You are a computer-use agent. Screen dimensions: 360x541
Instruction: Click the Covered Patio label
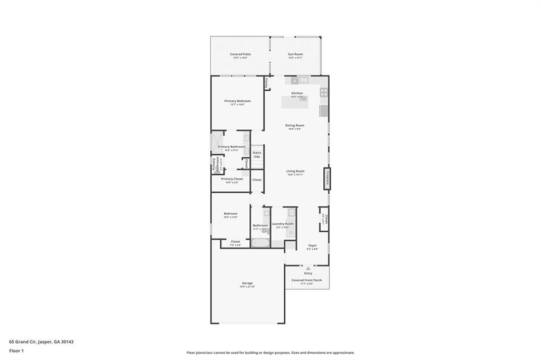click(x=240, y=54)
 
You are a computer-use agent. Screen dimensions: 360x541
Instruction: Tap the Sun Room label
click(x=295, y=54)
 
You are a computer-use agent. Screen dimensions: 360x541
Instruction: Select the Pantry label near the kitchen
click(x=267, y=83)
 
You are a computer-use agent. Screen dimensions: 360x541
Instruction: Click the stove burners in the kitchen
click(x=323, y=92)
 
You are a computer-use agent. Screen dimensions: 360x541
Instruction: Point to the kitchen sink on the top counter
click(x=304, y=80)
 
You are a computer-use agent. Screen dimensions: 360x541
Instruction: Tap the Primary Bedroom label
click(x=237, y=101)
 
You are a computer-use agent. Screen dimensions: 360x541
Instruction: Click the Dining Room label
click(x=295, y=126)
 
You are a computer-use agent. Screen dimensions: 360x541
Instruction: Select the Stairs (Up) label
click(x=257, y=155)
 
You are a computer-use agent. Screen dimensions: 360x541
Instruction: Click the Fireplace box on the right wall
click(x=328, y=178)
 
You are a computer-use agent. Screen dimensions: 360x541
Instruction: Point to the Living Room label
click(x=295, y=171)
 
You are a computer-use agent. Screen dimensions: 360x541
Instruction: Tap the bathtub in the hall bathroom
click(x=260, y=243)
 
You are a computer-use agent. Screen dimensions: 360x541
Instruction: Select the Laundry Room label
click(x=283, y=224)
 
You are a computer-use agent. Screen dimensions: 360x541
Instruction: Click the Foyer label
click(x=313, y=245)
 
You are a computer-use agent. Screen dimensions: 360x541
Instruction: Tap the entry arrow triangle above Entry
click(x=308, y=268)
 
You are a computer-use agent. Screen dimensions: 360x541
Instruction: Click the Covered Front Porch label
click(x=306, y=280)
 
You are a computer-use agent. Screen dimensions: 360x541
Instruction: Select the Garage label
click(x=247, y=283)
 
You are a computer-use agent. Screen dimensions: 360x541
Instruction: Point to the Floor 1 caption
click(x=16, y=350)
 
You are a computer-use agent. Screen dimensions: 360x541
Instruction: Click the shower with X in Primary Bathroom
click(x=217, y=143)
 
